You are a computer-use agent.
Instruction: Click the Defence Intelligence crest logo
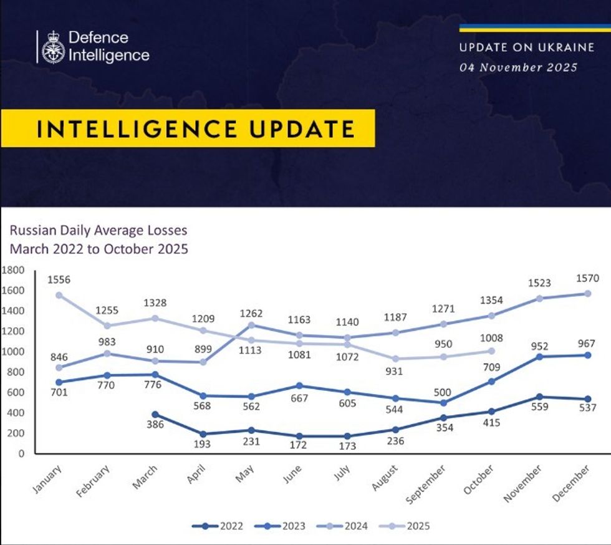[53, 47]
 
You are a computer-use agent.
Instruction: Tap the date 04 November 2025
[518, 67]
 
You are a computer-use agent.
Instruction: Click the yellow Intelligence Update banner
[187, 128]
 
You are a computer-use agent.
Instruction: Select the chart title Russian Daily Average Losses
[98, 230]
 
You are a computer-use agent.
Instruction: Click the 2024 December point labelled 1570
[588, 294]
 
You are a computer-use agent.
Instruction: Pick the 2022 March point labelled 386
[154, 414]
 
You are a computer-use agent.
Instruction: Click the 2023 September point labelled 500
[443, 402]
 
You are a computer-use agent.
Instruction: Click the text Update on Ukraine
[518, 48]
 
